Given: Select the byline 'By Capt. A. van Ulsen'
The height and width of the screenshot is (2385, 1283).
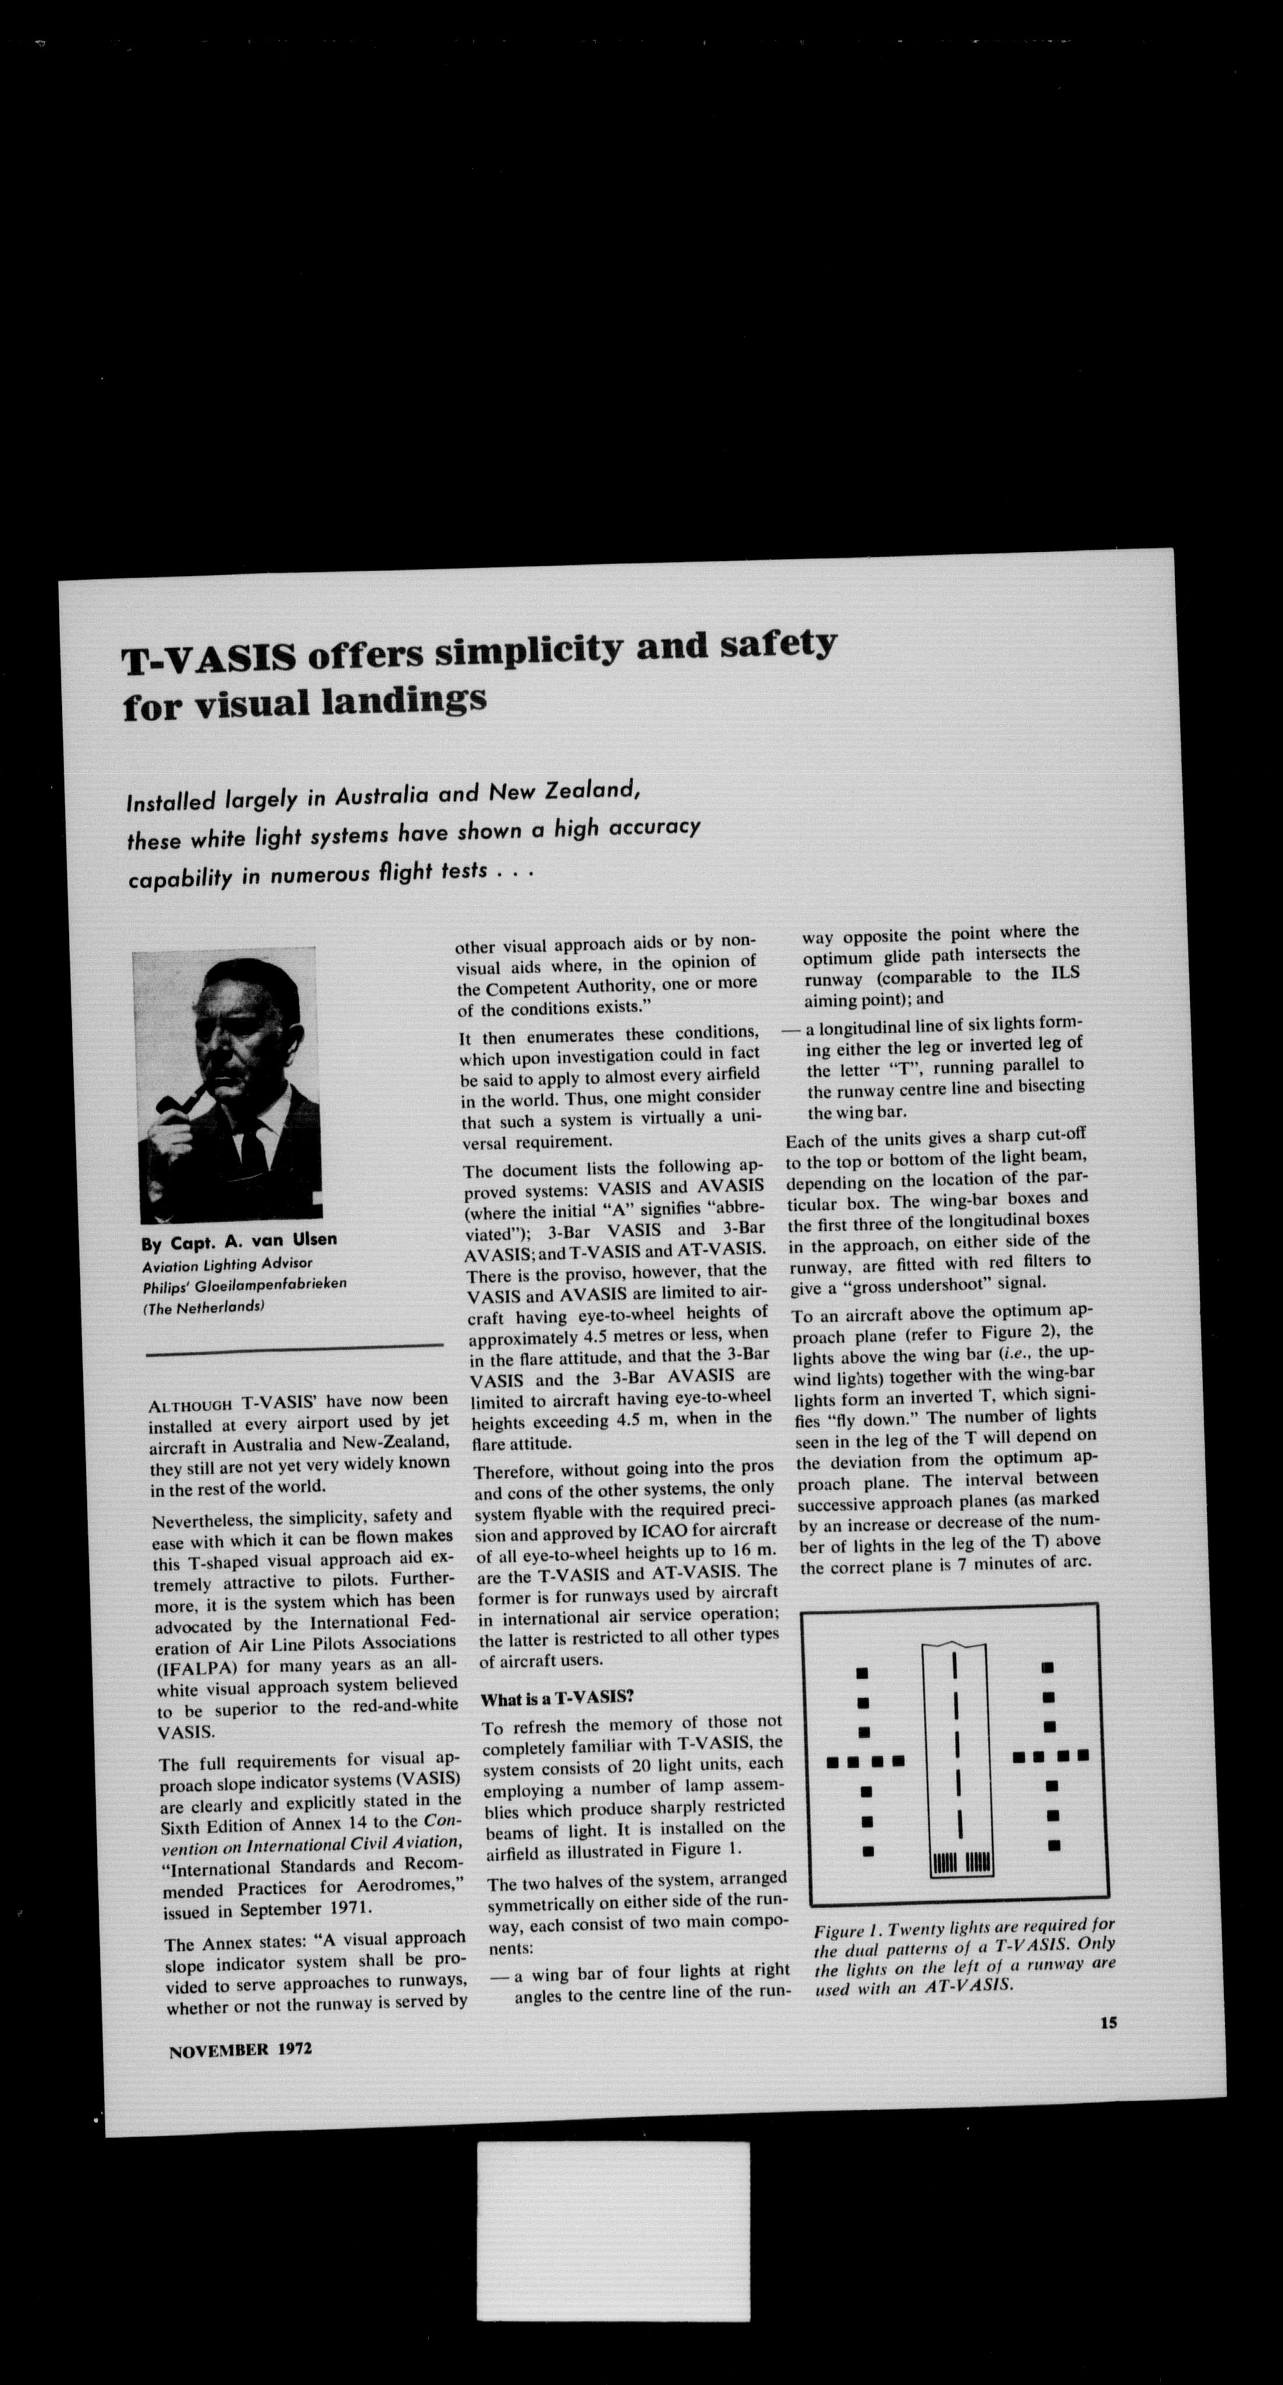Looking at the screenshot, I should coord(239,1241).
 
